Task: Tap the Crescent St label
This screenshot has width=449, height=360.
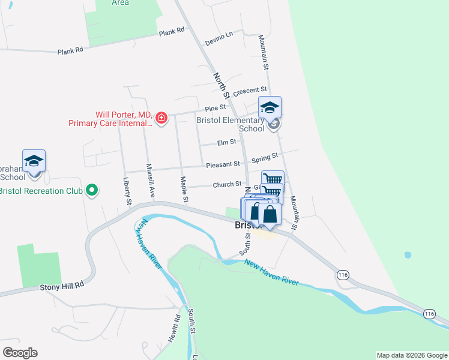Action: point(249,91)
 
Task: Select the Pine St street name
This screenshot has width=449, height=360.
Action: point(214,108)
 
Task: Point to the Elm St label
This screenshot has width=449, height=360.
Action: point(225,143)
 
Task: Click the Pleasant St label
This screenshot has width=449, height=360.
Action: point(223,164)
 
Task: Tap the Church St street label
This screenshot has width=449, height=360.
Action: point(227,185)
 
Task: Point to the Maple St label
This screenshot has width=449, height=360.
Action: point(185,188)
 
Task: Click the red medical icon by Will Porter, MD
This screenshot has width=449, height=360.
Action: point(161,118)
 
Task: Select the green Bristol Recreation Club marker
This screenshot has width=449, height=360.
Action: point(91,191)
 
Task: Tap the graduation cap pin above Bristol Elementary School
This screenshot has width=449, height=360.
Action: point(270,107)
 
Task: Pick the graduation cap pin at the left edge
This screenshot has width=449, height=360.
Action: point(34,161)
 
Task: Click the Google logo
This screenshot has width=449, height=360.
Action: point(20,353)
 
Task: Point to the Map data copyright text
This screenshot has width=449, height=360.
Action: point(411,355)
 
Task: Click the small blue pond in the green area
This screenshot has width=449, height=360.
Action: point(408,255)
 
